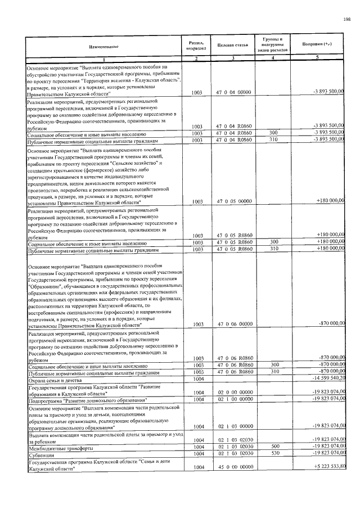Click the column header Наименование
[103, 47]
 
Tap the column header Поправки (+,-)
[317, 44]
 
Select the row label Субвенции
[40, 453]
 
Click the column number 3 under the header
[231, 59]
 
